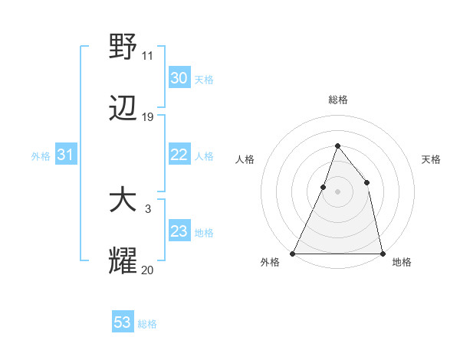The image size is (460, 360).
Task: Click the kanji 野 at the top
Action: [x=123, y=46]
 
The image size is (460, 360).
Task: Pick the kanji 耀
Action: [x=123, y=261]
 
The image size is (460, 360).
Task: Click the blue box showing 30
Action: [x=179, y=78]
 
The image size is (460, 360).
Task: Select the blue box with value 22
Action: [x=179, y=155]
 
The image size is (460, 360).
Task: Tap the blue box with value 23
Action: [x=179, y=231]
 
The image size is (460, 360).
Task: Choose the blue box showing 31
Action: [x=66, y=155]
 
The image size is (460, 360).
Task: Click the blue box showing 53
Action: [x=123, y=322]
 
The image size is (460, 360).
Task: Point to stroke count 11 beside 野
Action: [x=147, y=55]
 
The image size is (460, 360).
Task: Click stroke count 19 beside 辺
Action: [x=147, y=117]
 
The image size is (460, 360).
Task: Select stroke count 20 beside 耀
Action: [x=147, y=270]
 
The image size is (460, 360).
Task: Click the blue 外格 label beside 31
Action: [x=41, y=156]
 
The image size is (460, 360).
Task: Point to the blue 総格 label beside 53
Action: [x=147, y=324]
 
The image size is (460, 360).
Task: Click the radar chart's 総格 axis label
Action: [x=337, y=100]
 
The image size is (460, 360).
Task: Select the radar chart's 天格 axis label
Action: [x=431, y=159]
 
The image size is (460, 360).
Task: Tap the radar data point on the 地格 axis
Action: [x=382, y=253]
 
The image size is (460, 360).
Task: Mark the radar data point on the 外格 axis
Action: [x=293, y=253]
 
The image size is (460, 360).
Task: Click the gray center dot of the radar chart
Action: [x=337, y=191]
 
